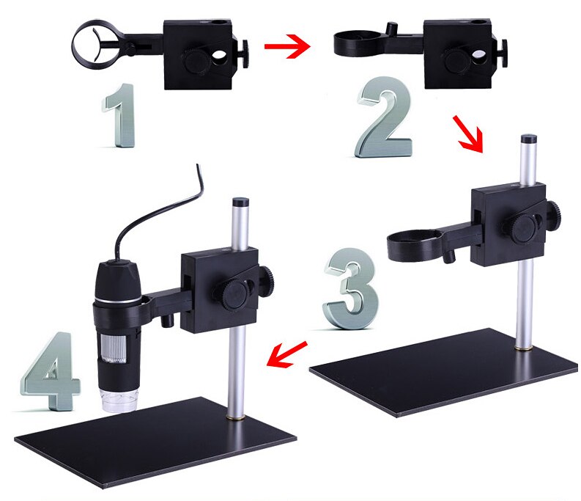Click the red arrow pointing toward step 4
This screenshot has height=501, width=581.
[286, 354]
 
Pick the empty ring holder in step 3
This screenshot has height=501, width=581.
[413, 243]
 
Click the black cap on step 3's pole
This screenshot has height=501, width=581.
[525, 139]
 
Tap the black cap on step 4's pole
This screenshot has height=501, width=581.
[239, 200]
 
